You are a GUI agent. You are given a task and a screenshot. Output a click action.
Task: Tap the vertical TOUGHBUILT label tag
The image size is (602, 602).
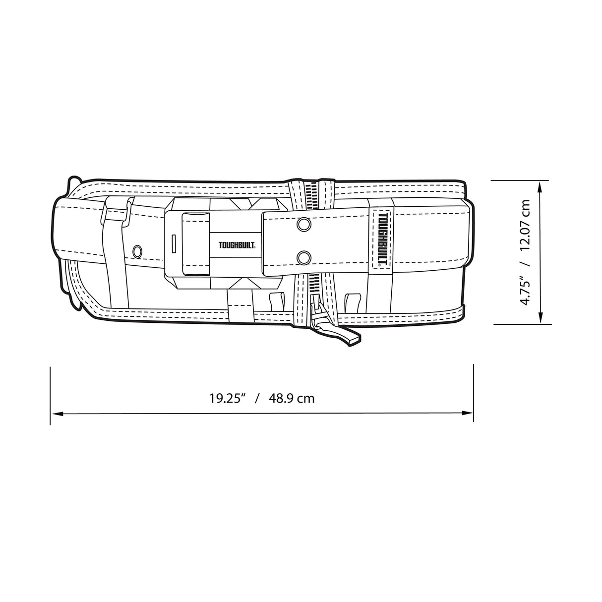pyautogui.click(x=381, y=238)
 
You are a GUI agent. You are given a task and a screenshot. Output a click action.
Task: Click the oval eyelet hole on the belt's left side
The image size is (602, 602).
pyautogui.click(x=137, y=250)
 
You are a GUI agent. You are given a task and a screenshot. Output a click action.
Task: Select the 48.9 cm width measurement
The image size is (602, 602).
pyautogui.click(x=292, y=398)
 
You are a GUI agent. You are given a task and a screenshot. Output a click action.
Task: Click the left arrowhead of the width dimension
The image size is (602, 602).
pyautogui.click(x=56, y=412)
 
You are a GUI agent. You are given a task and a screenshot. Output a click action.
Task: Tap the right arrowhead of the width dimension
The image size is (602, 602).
pyautogui.click(x=468, y=412)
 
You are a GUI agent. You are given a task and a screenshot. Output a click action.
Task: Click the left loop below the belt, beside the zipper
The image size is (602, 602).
pyautogui.click(x=276, y=300)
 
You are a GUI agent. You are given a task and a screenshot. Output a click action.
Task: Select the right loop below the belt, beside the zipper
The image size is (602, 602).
pyautogui.click(x=351, y=301)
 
